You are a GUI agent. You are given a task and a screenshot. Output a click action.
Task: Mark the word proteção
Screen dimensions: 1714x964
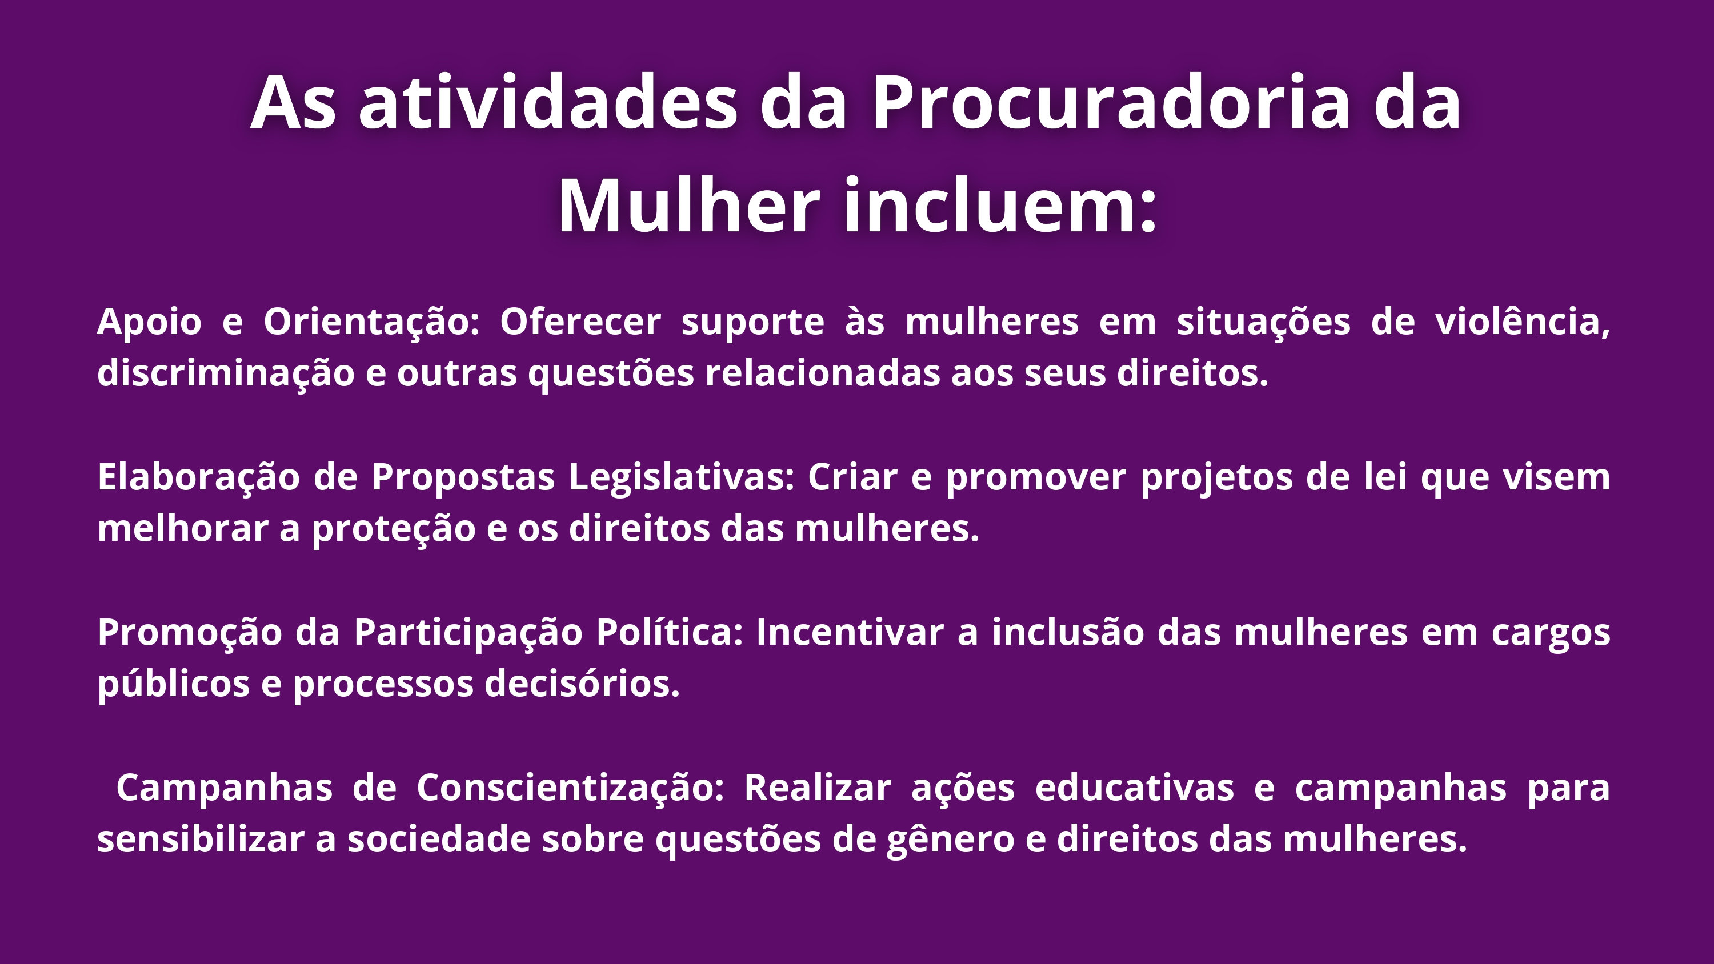point(393,529)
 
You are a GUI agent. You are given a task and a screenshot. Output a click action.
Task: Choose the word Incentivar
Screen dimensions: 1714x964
point(850,632)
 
